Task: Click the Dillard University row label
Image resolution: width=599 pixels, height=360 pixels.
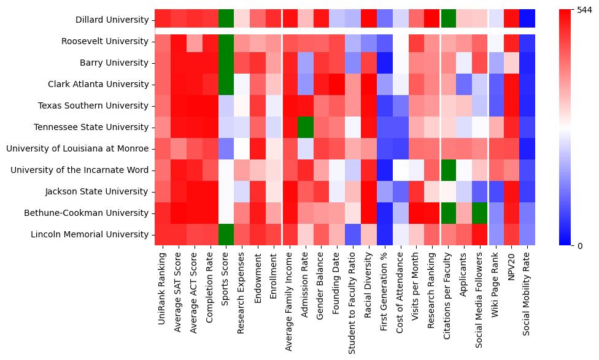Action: click(113, 20)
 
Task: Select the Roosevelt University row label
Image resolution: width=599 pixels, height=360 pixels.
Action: click(105, 41)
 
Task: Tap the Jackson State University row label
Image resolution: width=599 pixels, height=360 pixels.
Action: click(98, 191)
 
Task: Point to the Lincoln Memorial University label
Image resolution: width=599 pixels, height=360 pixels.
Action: click(91, 234)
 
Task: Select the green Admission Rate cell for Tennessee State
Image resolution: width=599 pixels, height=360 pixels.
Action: click(305, 127)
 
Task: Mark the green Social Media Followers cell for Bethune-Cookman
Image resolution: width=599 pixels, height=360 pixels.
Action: click(479, 213)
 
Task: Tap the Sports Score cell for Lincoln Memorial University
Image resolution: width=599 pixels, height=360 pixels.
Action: click(226, 234)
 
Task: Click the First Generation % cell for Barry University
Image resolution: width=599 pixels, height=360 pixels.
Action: click(385, 63)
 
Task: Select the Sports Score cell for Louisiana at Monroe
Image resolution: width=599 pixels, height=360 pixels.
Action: click(226, 148)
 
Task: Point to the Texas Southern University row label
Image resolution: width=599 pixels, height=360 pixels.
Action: click(94, 105)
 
